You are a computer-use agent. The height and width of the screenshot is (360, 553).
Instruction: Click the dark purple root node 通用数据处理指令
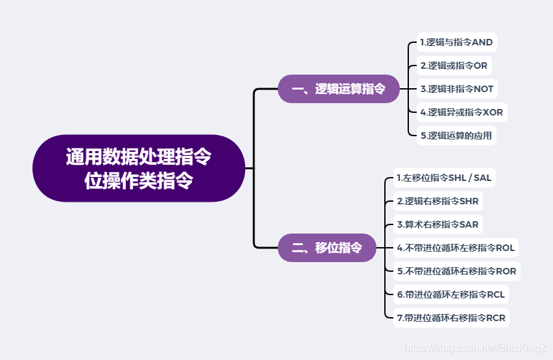pos(138,158)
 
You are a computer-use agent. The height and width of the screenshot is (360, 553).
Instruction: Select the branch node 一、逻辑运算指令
pos(338,89)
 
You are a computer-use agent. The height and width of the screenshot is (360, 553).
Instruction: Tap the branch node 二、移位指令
pos(326,247)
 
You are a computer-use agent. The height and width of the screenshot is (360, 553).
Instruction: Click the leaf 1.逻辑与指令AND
pos(456,42)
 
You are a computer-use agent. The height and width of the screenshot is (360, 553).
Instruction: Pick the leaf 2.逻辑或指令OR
pos(453,66)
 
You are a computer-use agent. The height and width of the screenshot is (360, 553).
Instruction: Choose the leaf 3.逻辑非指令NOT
pos(456,89)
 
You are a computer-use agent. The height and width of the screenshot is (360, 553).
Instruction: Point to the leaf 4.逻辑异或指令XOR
pos(461,112)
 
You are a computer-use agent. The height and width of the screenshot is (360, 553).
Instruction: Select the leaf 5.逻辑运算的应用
pos(456,136)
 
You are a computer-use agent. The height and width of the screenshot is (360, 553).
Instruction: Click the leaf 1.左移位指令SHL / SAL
pos(444,178)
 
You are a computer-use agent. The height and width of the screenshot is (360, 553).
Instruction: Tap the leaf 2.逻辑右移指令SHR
pos(437,201)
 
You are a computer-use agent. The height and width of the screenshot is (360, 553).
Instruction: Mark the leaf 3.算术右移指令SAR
pos(437,224)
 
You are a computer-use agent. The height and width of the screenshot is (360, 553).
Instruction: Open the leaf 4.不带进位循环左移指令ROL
pos(456,248)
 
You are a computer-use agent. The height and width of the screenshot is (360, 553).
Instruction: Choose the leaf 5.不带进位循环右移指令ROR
pos(456,271)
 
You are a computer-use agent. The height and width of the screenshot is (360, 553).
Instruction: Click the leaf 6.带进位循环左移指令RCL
pos(450,294)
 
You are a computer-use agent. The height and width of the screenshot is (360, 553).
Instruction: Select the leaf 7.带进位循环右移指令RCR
pos(450,318)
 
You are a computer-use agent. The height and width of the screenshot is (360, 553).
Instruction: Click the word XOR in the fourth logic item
pos(493,112)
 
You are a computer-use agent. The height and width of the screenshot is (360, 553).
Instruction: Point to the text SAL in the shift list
pos(482,178)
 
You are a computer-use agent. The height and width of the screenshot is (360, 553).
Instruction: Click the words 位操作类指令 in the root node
pos(138,180)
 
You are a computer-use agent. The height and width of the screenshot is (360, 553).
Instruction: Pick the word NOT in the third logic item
pos(484,89)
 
